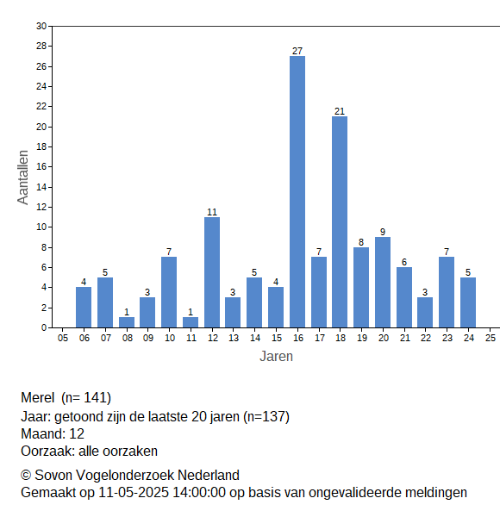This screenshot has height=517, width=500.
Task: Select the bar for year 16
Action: point(297,191)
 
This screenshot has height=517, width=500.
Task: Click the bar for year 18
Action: point(340,222)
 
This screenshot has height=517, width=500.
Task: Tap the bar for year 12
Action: point(212,272)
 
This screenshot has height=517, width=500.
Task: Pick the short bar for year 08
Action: point(127,322)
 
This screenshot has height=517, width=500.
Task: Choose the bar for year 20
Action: point(383,283)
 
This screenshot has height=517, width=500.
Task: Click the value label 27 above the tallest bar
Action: point(297,51)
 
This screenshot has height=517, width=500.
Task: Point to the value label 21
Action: point(340,111)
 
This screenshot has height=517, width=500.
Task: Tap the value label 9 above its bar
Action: point(383,232)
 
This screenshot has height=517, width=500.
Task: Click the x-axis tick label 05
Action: point(63,338)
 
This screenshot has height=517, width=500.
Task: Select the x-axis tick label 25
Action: point(491,338)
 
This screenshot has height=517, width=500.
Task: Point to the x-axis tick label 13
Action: point(234,338)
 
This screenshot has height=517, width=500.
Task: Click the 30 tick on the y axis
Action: point(41,26)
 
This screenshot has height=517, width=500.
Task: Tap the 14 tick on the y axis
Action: point(41,187)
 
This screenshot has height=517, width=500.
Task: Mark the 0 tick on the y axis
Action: point(44,327)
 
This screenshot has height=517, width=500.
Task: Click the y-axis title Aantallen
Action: point(23,178)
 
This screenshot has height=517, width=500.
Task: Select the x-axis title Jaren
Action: point(276,357)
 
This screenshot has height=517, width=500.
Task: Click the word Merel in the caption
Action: point(38,397)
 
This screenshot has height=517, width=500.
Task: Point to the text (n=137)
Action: point(266,417)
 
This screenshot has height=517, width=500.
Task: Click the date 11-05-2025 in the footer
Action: point(134,493)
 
